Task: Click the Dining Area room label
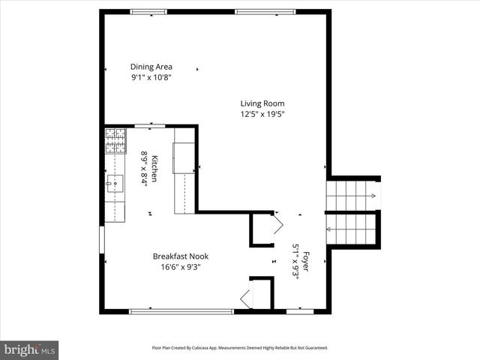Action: click(x=151, y=67)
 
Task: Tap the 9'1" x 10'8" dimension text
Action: click(x=151, y=77)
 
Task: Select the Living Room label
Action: click(x=262, y=103)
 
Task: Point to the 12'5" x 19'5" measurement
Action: click(x=262, y=114)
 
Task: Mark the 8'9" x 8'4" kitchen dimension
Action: click(x=144, y=169)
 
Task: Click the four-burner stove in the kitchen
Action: click(x=115, y=140)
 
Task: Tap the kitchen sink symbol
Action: click(x=115, y=181)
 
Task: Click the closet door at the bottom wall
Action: click(x=246, y=299)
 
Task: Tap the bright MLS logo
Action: click(x=30, y=349)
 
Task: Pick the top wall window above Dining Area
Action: click(x=148, y=11)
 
